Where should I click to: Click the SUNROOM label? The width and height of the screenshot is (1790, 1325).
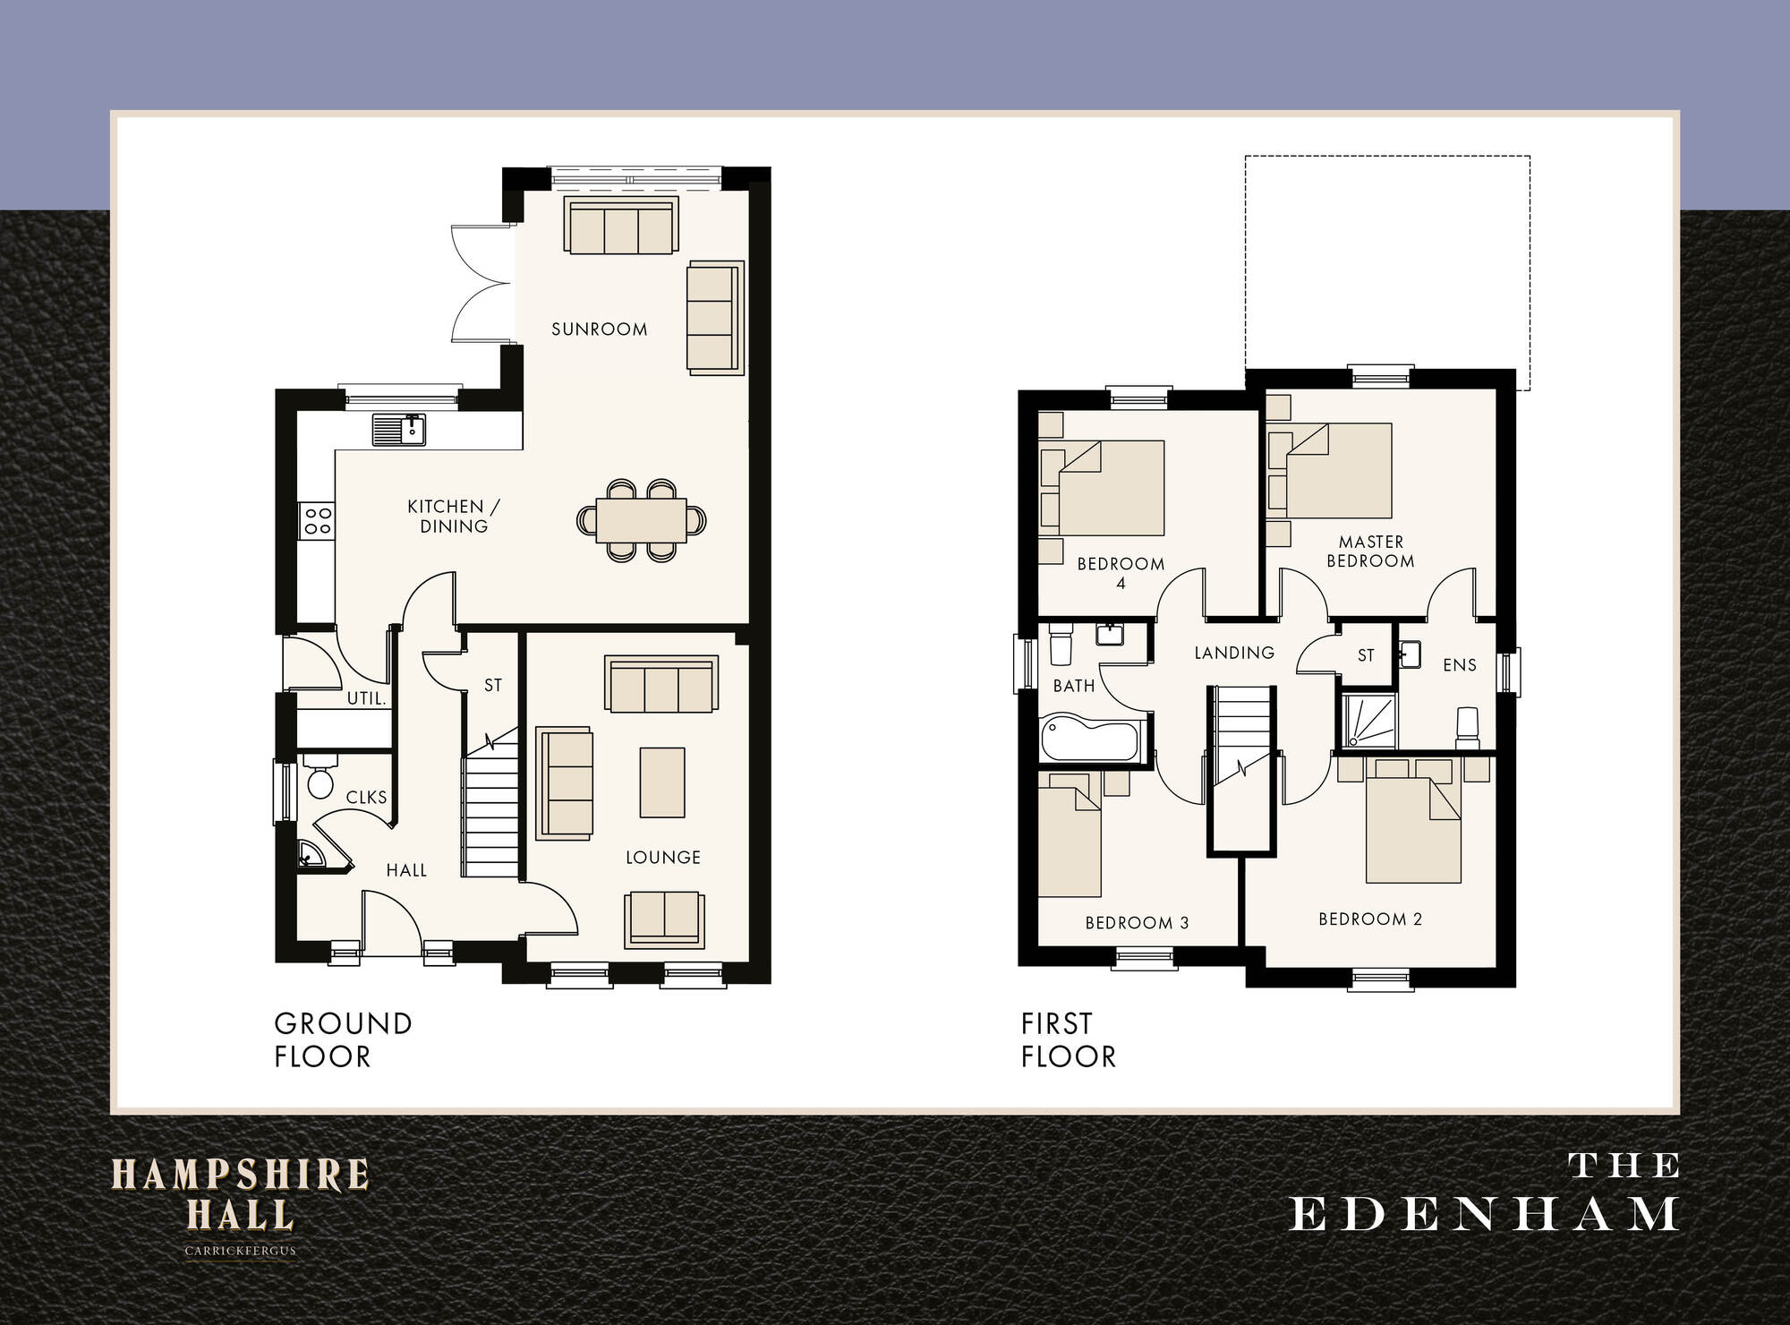pyautogui.click(x=599, y=329)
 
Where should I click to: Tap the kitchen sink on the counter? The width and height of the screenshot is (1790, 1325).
pyautogui.click(x=399, y=430)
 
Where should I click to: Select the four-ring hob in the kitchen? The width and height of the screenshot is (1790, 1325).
pyautogui.click(x=318, y=520)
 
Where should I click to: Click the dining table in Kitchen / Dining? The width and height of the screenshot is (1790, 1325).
pyautogui.click(x=641, y=520)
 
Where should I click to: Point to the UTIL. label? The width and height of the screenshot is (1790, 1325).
pyautogui.click(x=366, y=698)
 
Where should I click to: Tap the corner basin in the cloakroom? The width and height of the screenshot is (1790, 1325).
pyautogui.click(x=310, y=855)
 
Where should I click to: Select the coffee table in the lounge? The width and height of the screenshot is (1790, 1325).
pyautogui.click(x=662, y=782)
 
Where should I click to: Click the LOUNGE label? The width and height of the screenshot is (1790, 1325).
pyautogui.click(x=662, y=857)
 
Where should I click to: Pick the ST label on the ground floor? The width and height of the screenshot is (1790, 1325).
pyautogui.click(x=493, y=685)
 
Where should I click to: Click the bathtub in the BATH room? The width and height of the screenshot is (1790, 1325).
pyautogui.click(x=1090, y=739)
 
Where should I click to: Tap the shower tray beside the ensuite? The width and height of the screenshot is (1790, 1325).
pyautogui.click(x=1368, y=721)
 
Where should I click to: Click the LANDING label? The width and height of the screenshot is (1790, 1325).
pyautogui.click(x=1234, y=653)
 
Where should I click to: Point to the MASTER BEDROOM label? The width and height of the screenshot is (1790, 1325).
pyautogui.click(x=1370, y=551)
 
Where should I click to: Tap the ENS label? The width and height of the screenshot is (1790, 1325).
pyautogui.click(x=1459, y=664)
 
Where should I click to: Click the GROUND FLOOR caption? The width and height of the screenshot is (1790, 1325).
pyautogui.click(x=343, y=1039)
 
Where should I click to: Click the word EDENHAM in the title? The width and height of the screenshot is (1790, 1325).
pyautogui.click(x=1484, y=1215)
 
